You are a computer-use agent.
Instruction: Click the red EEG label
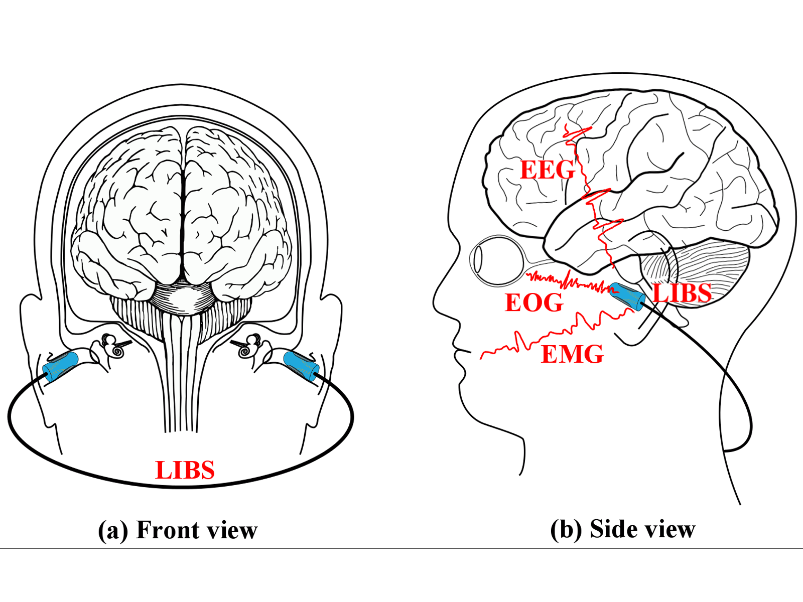pos(547,170)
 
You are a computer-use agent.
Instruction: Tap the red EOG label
pos(534,303)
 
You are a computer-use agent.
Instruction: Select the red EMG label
pos(572,354)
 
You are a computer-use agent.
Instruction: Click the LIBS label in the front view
pos(185,470)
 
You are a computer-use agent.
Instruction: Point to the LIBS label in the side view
pos(682,293)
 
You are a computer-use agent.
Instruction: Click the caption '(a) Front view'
pos(178,530)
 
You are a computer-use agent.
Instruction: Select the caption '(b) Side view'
pos(623,529)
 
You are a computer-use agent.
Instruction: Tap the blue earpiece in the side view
pos(627,296)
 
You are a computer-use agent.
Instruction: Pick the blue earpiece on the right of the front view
pos(301,366)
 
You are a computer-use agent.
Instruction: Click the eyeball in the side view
pos(497,260)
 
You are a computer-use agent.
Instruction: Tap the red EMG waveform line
pos(552,333)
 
